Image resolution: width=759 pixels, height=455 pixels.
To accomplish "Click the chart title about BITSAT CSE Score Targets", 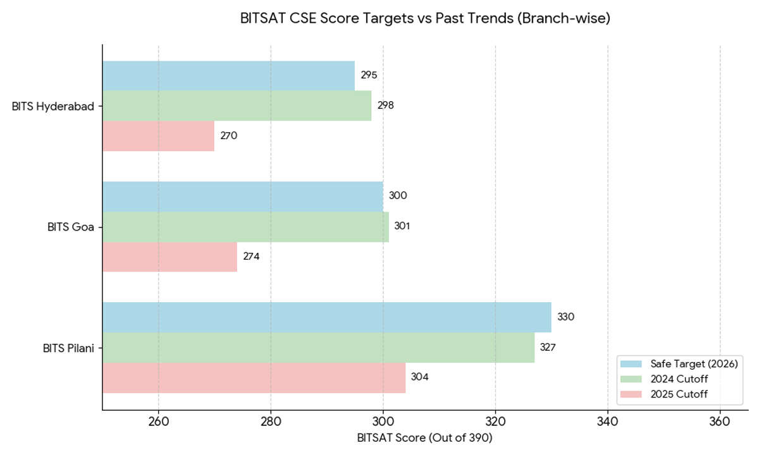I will (x=424, y=19).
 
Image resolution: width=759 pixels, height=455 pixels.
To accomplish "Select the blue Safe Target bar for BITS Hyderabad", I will (x=228, y=76).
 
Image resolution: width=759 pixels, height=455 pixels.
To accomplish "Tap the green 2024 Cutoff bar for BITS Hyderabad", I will (x=237, y=106).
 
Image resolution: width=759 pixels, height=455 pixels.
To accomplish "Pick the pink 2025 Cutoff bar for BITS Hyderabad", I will (x=158, y=136).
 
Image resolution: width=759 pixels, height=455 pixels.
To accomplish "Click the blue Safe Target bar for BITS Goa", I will (x=242, y=196).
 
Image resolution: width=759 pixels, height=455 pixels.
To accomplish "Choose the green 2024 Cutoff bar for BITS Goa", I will (x=245, y=226).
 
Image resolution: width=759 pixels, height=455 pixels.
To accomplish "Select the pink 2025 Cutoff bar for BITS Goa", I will (x=170, y=257).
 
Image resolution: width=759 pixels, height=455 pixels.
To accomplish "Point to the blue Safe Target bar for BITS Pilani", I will (x=326, y=317).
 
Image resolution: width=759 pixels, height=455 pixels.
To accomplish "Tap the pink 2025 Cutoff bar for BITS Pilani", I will (x=254, y=377).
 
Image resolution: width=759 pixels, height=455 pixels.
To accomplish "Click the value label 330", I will (x=565, y=317).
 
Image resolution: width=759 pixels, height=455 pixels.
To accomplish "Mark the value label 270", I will (x=228, y=136).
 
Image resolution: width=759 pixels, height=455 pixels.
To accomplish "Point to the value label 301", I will (x=402, y=226).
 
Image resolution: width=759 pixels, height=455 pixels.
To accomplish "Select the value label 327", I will (x=548, y=348).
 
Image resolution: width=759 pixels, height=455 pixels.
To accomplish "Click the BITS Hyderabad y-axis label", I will (x=53, y=106).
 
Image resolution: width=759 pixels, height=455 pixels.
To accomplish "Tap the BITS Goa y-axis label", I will (x=71, y=227).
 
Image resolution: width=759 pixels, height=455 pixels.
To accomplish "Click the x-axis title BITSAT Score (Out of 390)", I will (x=424, y=437).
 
